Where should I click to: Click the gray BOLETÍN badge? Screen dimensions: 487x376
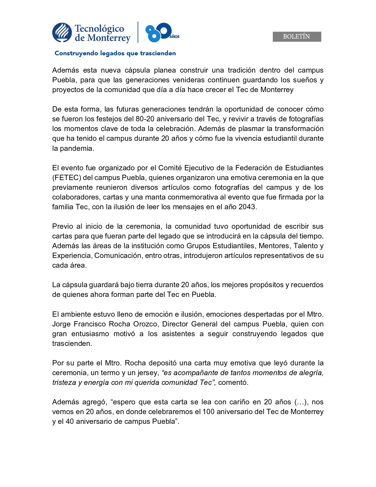(297, 37)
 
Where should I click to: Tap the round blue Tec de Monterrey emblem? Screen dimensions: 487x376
(62, 32)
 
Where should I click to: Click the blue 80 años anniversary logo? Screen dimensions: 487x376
(161, 32)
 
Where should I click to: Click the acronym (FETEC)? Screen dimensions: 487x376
(67, 178)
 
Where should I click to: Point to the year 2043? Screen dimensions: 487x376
(247, 207)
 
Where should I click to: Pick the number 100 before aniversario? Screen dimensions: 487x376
(208, 412)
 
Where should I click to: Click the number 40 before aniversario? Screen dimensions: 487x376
(70, 421)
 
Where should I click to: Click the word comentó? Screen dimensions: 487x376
(233, 383)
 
